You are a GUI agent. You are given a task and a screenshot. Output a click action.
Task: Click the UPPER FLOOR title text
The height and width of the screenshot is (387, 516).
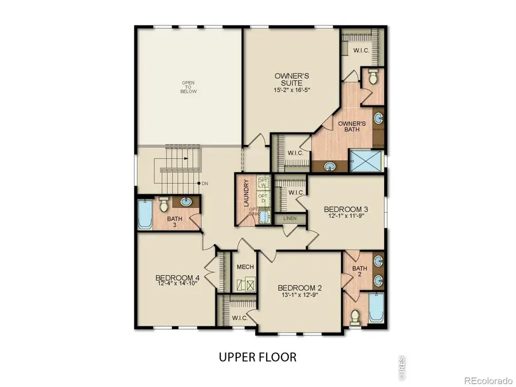257,357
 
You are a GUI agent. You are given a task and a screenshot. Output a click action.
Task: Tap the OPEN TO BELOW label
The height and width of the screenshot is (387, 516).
189,87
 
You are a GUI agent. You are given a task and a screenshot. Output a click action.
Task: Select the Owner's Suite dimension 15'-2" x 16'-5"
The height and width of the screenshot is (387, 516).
292,90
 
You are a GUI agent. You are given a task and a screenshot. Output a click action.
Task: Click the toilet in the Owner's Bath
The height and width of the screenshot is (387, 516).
373,77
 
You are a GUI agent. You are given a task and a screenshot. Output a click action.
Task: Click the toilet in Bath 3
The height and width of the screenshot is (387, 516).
164,204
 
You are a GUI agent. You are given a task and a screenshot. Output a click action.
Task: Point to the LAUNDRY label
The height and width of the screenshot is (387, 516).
246,193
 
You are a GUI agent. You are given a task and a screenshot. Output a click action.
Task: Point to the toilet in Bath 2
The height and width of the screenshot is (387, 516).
355,315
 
